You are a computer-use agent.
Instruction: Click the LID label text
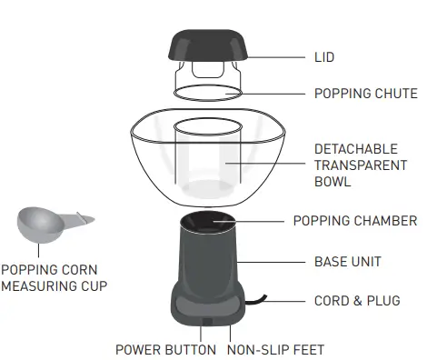click(x=324, y=57)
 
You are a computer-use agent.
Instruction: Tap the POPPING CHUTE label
click(x=365, y=94)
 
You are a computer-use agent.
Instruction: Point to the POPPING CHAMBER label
click(x=354, y=221)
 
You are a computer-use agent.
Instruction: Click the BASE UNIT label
click(x=347, y=262)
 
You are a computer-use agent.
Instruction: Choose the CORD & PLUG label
click(x=356, y=301)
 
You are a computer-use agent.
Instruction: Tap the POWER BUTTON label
click(x=165, y=349)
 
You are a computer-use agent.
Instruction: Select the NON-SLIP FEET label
click(x=275, y=349)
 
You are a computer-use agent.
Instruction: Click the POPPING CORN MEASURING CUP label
click(x=55, y=277)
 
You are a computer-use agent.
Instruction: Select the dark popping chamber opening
click(x=206, y=223)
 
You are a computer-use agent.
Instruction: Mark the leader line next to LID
click(x=277, y=57)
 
